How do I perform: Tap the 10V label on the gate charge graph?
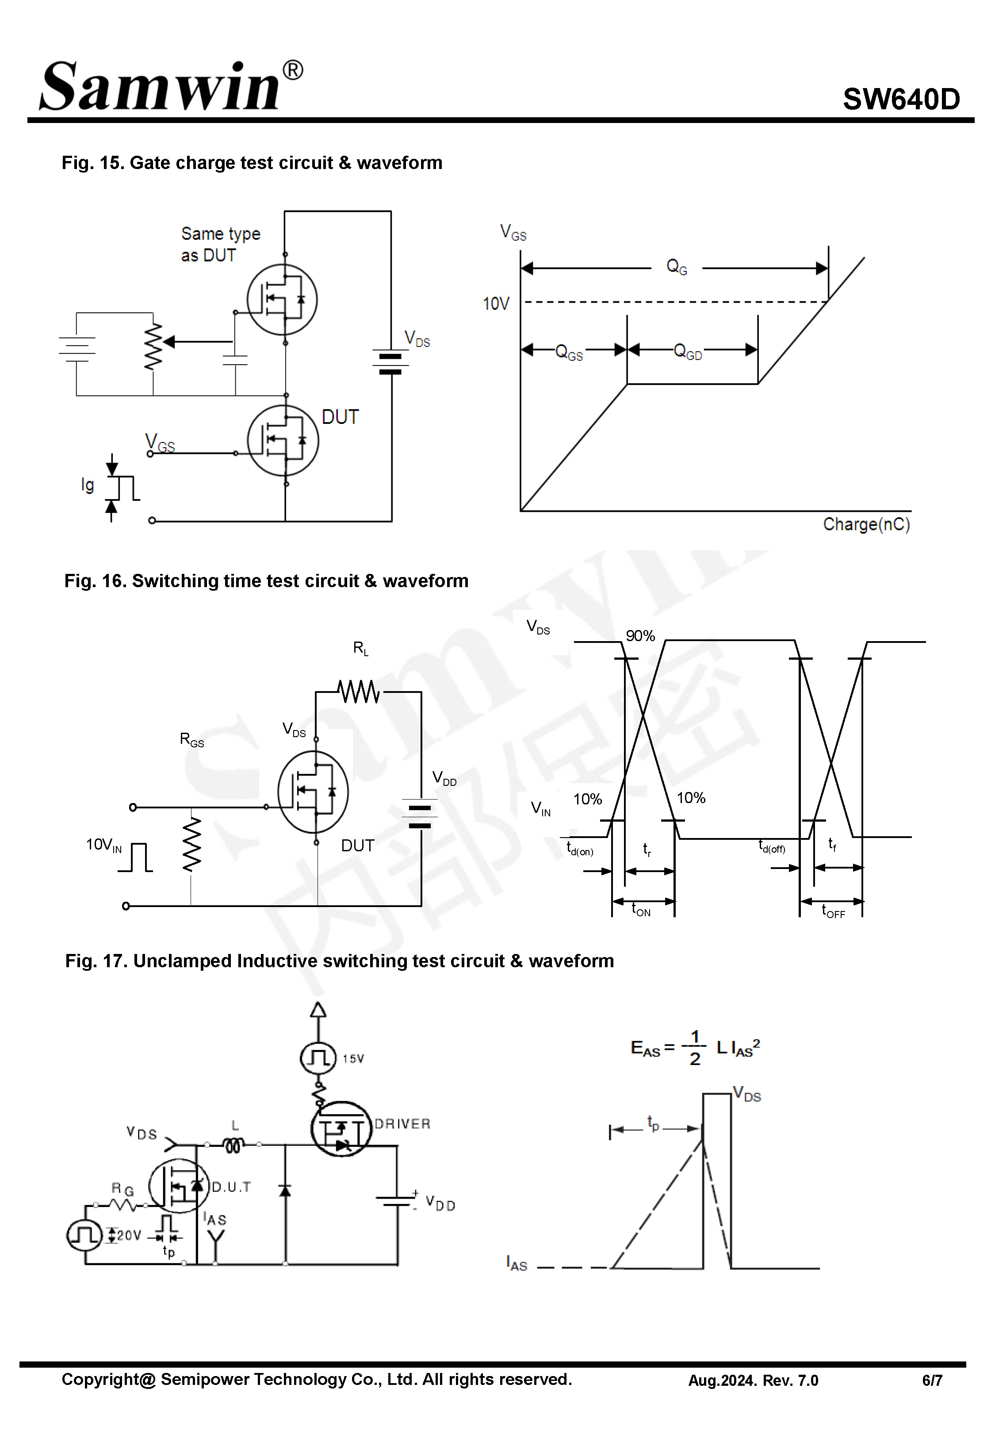click(x=496, y=304)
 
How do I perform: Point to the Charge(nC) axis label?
click(x=866, y=524)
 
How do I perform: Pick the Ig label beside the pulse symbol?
click(x=87, y=484)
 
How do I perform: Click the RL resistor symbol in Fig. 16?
click(x=359, y=692)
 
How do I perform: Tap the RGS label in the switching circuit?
click(x=191, y=740)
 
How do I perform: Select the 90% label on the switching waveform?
click(x=640, y=636)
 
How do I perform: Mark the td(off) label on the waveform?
click(x=772, y=846)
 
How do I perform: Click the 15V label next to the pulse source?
click(x=353, y=1059)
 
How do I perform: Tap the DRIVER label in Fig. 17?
click(x=402, y=1124)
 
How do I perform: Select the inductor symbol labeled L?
click(x=234, y=1145)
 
